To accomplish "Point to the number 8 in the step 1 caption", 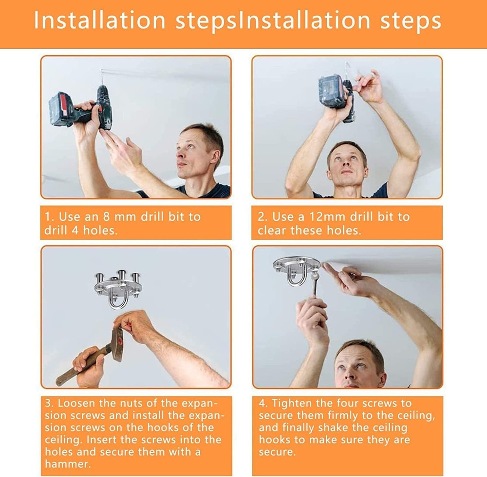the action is (107, 216).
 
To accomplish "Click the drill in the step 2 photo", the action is (337, 95).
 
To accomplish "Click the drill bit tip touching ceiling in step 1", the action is (101, 70).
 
